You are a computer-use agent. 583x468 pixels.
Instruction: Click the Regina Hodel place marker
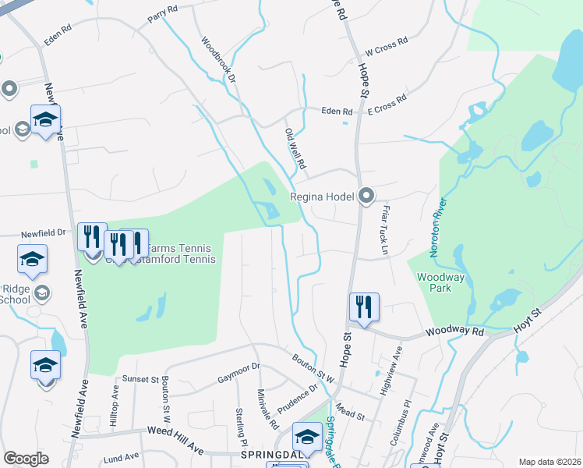[366, 197]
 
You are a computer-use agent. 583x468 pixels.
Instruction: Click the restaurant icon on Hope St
[364, 306]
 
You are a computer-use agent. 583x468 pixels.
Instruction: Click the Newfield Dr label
[43, 232]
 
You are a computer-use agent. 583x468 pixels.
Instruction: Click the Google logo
[26, 459]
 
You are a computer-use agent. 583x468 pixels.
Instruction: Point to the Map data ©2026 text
[549, 462]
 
